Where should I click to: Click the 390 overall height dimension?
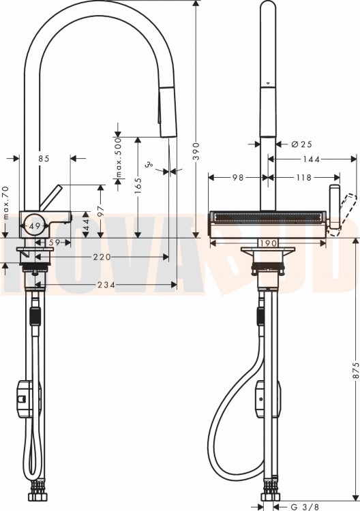[196, 151]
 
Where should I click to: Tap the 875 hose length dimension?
[356, 371]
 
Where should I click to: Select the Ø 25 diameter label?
[301, 144]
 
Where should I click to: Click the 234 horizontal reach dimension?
[106, 285]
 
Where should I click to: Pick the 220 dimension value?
[102, 257]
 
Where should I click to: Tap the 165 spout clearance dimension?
[138, 186]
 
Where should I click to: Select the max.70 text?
[5, 203]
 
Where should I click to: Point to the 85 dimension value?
[44, 158]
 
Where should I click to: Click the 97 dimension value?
[101, 211]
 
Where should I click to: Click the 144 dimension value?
[311, 159]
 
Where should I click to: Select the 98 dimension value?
[238, 178]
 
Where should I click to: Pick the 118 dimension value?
[303, 178]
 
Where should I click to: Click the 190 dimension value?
[269, 243]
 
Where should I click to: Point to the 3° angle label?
[150, 165]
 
